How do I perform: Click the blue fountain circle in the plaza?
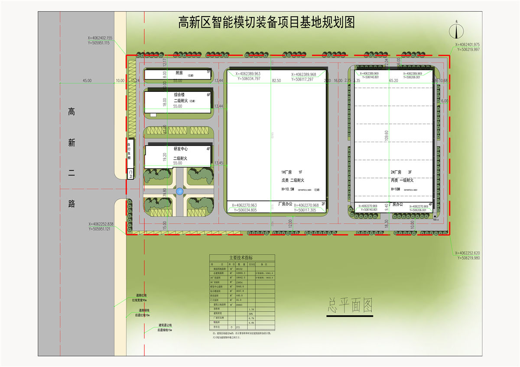[x=180, y=191]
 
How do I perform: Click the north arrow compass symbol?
[x=457, y=31]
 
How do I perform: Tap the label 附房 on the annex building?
[x=179, y=73]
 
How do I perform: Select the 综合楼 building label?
[x=179, y=94]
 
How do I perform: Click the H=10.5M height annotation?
[x=288, y=189]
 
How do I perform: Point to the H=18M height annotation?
[x=395, y=189]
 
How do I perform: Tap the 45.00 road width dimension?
[x=87, y=81]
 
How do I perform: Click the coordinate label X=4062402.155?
[x=99, y=38]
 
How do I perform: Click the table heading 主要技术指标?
[x=242, y=257]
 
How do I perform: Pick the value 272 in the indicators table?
[x=237, y=327]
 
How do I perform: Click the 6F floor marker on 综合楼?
[x=208, y=94]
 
